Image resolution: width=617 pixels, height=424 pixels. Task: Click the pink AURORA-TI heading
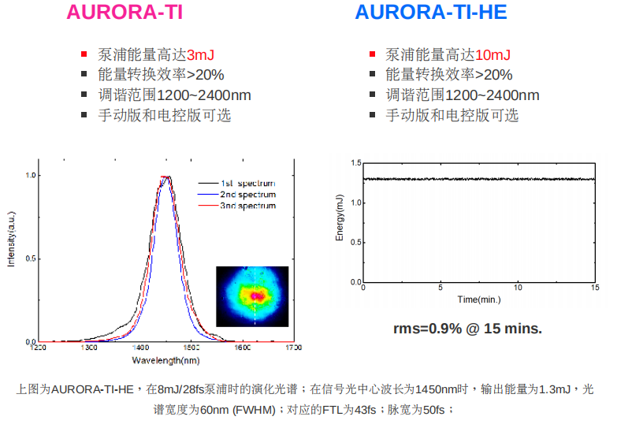coord(125,13)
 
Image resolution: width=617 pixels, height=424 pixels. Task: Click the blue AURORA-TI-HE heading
coord(430,13)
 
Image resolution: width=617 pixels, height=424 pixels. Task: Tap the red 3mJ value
coord(200,55)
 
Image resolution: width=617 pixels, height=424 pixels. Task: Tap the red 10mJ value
coord(492,55)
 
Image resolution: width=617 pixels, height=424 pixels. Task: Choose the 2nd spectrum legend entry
coord(248,195)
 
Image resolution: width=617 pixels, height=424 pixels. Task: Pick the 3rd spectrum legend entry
coord(248,206)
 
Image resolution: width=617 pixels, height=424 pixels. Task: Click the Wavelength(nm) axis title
coord(165,360)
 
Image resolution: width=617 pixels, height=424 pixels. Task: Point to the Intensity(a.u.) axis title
coord(11,236)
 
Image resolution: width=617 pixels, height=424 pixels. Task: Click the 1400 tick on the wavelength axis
coord(140,348)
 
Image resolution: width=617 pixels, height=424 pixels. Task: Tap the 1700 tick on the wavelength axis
coord(293,348)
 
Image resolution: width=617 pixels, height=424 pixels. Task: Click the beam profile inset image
coord(252,296)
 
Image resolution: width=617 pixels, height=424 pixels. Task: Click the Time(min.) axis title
coord(479,299)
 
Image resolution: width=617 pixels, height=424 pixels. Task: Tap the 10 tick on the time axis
coord(518,288)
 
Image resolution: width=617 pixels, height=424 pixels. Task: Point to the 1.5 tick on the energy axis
coord(355,163)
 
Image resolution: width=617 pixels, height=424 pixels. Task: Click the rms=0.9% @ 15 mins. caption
coord(467,328)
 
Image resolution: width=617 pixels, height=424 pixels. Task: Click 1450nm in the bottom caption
coord(438,389)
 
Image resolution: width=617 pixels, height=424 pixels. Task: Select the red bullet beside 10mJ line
coord(373,55)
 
